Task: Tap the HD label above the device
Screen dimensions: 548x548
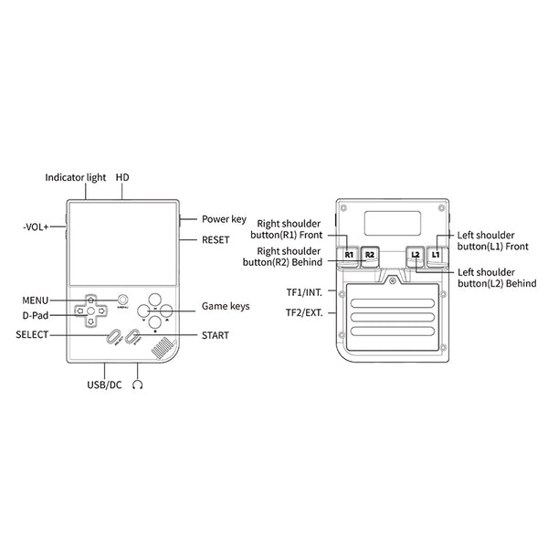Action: (x=121, y=177)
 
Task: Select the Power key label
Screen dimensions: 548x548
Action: (x=224, y=219)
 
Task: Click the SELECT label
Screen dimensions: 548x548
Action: (x=32, y=335)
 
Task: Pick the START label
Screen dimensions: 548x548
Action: (x=216, y=335)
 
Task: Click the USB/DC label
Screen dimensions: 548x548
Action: (x=105, y=385)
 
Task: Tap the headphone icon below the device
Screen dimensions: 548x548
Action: (x=138, y=385)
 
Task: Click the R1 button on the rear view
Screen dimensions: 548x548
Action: (x=350, y=254)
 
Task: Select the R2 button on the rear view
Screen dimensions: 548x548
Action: (x=369, y=254)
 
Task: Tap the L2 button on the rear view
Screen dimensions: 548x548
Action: (x=415, y=254)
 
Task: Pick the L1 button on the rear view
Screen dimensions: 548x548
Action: (x=436, y=254)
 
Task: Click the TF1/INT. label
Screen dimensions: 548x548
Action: (x=302, y=293)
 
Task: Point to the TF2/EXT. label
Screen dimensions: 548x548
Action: (x=302, y=312)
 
